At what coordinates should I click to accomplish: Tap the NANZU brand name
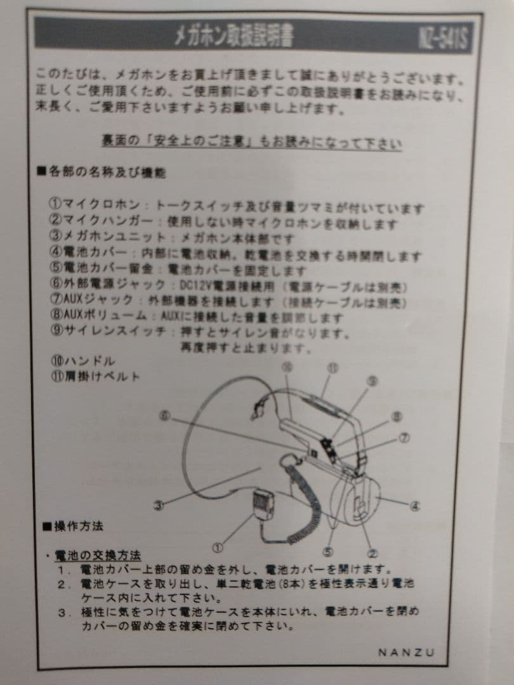coord(407,652)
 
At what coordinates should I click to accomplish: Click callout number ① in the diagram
coord(218,545)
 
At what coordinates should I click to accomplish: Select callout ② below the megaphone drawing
coord(374,552)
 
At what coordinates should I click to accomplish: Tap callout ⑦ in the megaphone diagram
coord(404,438)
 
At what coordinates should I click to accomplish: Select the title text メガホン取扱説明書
coord(235,37)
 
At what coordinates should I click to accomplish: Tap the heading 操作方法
coord(73,526)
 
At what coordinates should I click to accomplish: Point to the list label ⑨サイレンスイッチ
coord(108,332)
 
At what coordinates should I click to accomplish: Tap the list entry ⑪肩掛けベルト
coord(95,377)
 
